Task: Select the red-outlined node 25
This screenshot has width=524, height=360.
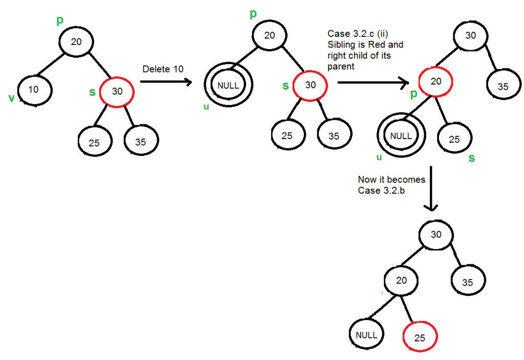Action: (420, 338)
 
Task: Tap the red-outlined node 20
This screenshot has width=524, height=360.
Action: (435, 82)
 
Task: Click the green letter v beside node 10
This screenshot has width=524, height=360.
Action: (11, 98)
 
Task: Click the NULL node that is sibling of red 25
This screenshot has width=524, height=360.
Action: (366, 335)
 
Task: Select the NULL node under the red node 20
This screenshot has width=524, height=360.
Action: (401, 136)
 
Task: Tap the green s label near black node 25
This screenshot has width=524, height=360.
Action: (471, 158)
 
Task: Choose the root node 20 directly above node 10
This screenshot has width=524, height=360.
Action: (76, 42)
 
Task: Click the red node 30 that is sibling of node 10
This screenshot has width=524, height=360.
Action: (117, 92)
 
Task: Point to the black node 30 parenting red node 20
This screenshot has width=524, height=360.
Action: (470, 35)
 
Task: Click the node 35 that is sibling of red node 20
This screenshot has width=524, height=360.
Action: (503, 86)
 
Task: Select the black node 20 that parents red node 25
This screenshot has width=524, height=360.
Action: (402, 280)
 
